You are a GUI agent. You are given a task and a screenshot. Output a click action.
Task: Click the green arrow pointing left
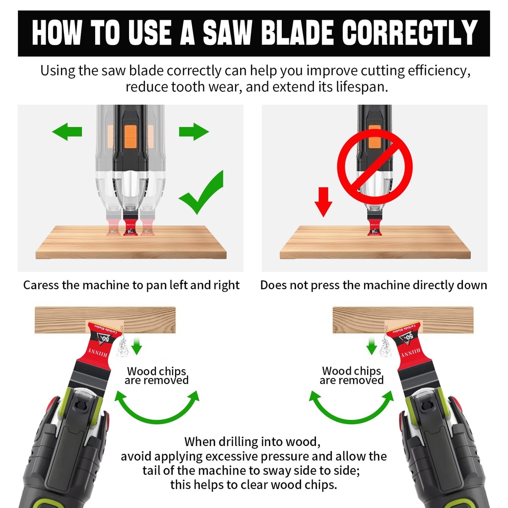67,132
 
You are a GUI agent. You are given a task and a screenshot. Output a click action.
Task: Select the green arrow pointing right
194,132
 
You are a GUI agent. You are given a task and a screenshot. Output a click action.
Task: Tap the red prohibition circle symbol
375,167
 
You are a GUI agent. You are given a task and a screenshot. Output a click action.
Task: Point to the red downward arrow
323,201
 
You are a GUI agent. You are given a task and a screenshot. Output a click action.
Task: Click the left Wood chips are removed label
157,376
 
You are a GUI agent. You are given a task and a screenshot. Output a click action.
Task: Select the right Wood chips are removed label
352,376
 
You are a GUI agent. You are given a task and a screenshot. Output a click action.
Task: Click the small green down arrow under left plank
137,346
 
